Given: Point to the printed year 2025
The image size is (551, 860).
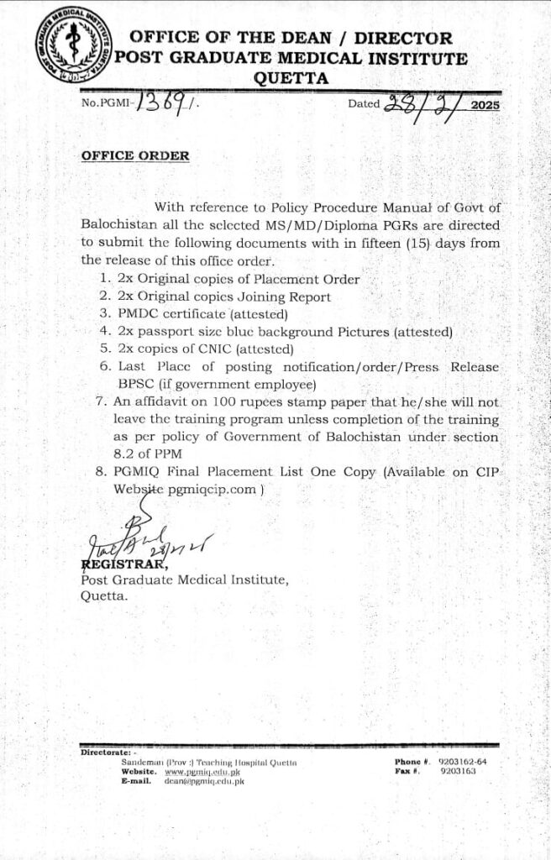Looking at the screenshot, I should tap(485, 106).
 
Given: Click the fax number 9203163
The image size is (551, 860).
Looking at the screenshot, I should tap(457, 770).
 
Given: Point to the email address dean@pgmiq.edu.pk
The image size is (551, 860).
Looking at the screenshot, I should tap(204, 781).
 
